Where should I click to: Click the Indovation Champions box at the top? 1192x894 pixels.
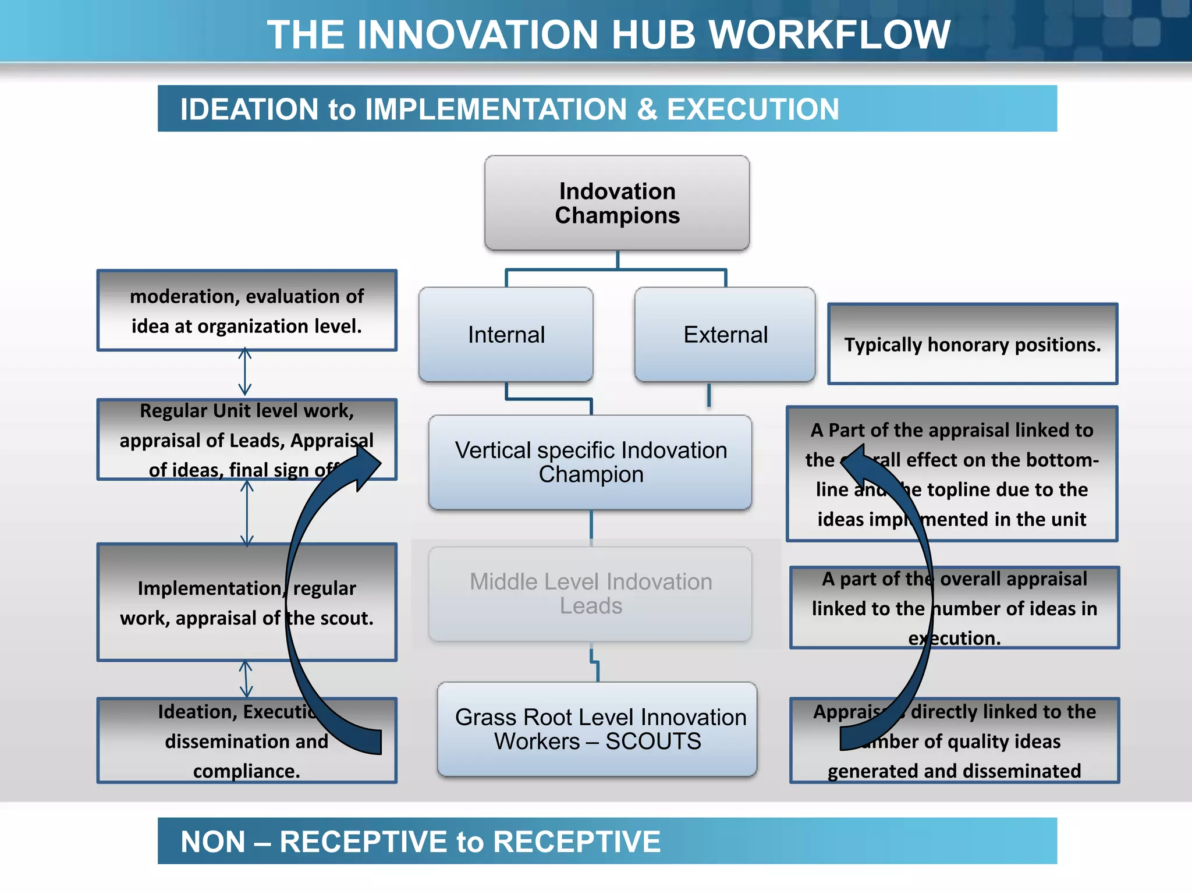pos(617,203)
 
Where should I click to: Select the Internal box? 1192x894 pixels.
pos(506,335)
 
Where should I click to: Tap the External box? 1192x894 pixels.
pos(725,335)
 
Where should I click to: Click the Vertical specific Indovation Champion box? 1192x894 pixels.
pos(590,463)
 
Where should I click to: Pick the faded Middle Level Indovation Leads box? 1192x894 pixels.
pos(590,594)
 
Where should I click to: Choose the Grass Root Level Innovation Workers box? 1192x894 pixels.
pos(598,729)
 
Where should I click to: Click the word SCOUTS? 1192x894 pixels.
pos(653,742)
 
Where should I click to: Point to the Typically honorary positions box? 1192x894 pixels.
pos(972,345)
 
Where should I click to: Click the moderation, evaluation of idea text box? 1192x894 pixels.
pos(247,311)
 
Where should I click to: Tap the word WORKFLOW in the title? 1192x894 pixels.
pos(829,35)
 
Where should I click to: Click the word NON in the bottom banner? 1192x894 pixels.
pos(213,842)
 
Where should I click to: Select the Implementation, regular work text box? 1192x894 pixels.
pos(247,602)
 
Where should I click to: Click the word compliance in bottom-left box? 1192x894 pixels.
pos(247,771)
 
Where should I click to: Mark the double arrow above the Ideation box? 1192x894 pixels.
pos(246,679)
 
